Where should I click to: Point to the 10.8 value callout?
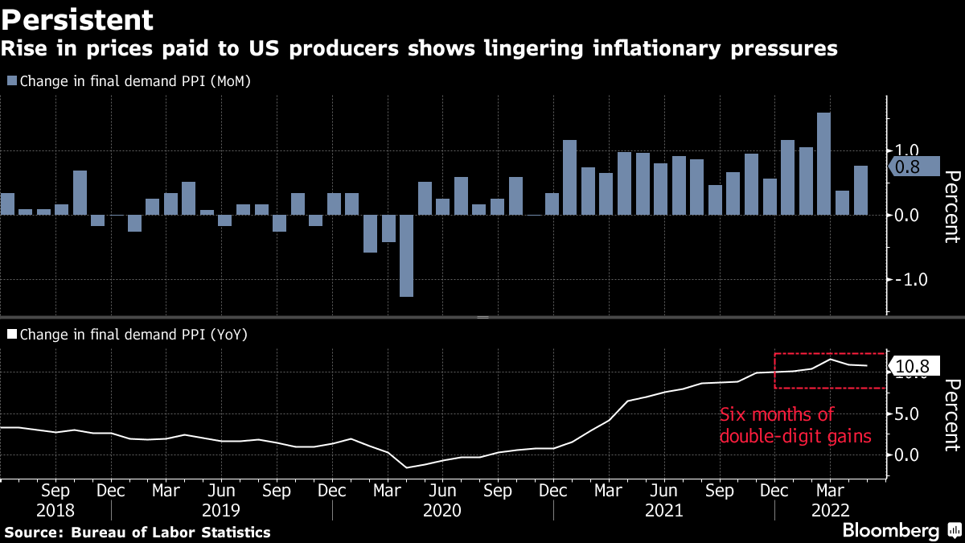913,367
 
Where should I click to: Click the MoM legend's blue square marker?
11,80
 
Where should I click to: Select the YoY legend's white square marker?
11,333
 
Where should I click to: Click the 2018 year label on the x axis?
55,510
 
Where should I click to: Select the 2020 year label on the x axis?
441,510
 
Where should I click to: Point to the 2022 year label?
829,510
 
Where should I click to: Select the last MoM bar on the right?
860,191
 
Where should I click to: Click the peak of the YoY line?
831,359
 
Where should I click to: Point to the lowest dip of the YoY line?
407,467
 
